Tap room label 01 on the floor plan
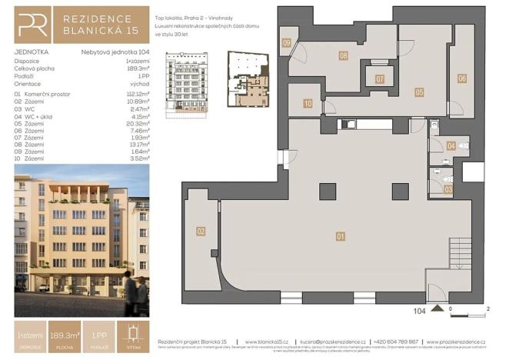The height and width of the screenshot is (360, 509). click(x=340, y=235)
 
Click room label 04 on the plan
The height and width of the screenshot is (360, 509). click(x=451, y=145)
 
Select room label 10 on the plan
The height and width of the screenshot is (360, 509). click(x=307, y=104)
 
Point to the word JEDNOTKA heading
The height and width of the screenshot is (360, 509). click(x=32, y=52)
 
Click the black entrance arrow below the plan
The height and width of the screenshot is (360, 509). click(x=437, y=308)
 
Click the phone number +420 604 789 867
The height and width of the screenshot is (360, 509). click(x=396, y=342)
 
